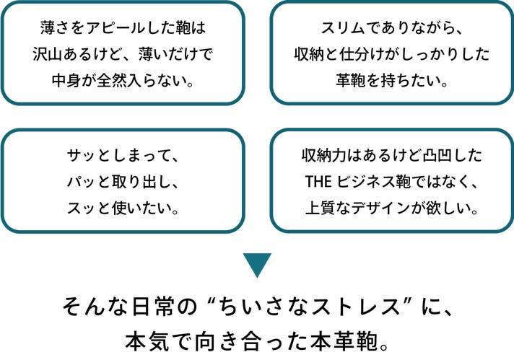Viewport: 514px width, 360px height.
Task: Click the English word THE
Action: (318, 180)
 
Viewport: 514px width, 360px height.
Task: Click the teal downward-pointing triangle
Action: (256, 264)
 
